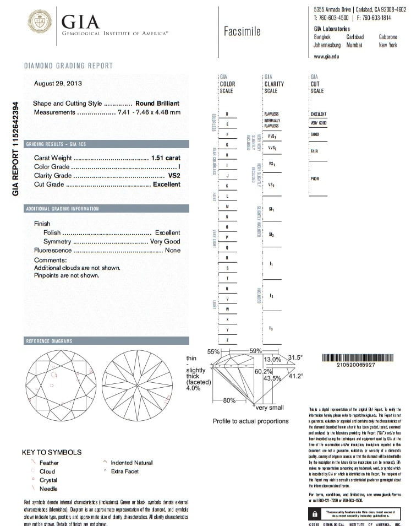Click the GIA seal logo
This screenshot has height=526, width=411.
(40, 23)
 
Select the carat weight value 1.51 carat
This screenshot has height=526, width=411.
(166, 158)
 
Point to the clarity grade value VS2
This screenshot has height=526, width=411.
(174, 176)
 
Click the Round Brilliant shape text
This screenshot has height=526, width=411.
(157, 104)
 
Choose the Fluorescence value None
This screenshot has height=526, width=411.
(172, 251)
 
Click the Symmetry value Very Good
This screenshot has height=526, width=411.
(165, 242)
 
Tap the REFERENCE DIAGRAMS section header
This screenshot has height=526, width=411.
(49, 341)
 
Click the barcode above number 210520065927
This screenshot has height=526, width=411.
(356, 357)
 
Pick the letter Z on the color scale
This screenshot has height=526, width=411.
(227, 340)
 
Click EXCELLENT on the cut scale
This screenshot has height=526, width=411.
(319, 114)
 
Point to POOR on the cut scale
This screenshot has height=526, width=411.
(315, 178)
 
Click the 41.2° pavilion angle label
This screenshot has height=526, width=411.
(296, 376)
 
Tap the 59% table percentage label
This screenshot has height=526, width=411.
(255, 351)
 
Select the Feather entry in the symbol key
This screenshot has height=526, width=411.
(49, 463)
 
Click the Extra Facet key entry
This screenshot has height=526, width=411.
(125, 471)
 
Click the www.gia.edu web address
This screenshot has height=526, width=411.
(326, 56)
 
